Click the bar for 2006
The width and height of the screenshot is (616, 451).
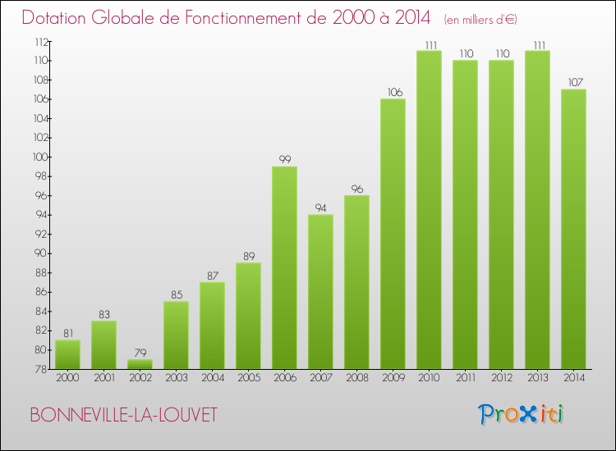(x=284, y=267)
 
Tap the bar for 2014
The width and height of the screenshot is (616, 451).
(x=573, y=229)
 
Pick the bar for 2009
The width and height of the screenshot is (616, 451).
(x=393, y=234)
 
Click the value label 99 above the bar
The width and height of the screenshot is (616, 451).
(x=284, y=160)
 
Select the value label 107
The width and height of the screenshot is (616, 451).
(x=573, y=83)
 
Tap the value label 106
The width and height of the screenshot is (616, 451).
(x=393, y=92)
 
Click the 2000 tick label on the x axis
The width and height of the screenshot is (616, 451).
(x=67, y=379)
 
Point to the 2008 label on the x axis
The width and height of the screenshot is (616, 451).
(x=356, y=379)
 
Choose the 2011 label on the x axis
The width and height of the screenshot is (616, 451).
(x=465, y=379)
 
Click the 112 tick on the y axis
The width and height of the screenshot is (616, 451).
(x=38, y=42)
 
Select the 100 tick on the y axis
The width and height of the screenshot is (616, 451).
(x=38, y=157)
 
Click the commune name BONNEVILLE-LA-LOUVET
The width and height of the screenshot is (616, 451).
(x=123, y=415)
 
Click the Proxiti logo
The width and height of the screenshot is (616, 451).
(x=522, y=414)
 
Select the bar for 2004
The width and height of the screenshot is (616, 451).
(x=212, y=326)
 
